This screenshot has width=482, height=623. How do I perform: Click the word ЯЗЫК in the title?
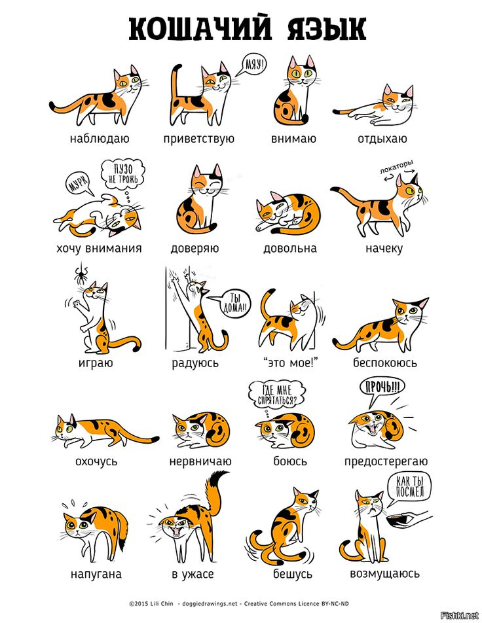pos(325,29)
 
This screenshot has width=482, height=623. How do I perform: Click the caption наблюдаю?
pos(100,139)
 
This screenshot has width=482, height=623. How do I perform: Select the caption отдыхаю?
pos(382,139)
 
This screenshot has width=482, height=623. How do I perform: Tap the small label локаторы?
pos(396,167)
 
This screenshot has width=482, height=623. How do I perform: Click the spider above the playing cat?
pos(81,274)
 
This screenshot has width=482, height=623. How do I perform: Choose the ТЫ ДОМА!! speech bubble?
pos(235,304)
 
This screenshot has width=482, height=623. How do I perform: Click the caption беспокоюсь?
pos(385,363)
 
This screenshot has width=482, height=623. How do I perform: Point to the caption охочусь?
pos(96,461)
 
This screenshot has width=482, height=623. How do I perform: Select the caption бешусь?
pos(293,574)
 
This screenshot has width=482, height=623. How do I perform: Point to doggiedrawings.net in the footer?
pos(210,603)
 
